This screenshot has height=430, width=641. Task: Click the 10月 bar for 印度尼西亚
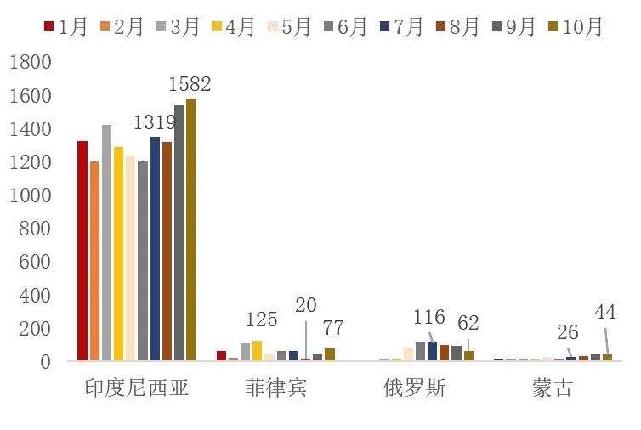(190, 229)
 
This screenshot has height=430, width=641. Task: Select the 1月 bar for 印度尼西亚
(82, 251)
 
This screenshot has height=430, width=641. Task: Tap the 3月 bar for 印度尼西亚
(106, 242)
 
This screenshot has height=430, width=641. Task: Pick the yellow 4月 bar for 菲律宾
(257, 351)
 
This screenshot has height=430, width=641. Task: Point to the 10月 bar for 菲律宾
(329, 354)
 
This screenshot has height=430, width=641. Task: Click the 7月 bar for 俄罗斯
(432, 352)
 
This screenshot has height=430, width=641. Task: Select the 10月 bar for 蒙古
(607, 357)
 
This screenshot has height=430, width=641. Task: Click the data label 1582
(190, 84)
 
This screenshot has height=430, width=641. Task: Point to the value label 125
(261, 320)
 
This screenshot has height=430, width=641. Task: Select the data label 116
(428, 318)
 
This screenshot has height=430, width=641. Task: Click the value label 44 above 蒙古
(604, 312)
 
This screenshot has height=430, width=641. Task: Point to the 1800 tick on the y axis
(32, 63)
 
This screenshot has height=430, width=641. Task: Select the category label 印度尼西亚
(136, 389)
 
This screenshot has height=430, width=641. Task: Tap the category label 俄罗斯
(414, 389)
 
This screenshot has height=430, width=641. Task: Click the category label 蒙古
(553, 389)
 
